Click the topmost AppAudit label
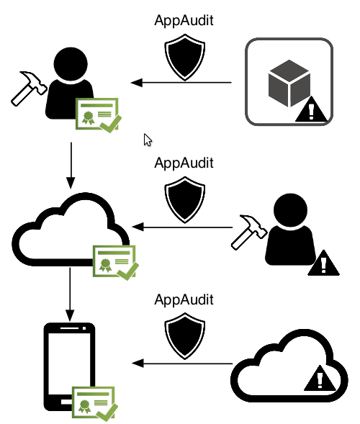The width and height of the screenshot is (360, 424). coord(184,21)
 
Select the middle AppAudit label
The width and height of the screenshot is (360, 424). coord(184,163)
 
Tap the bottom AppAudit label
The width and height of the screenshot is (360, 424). coord(184,299)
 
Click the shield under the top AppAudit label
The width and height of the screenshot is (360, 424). coord(185,58)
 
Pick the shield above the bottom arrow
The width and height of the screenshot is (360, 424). coord(185,336)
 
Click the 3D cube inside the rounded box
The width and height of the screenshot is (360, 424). coord(289,84)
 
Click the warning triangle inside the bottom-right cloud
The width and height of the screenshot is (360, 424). coord(320,379)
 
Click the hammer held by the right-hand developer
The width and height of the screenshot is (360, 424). coord(249,233)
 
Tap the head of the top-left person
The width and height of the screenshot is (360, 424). coord(71,64)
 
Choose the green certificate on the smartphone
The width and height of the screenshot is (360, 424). coord(94,404)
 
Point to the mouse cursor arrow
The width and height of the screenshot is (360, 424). coord(148,140)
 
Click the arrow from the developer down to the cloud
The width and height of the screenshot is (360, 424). coord(71,166)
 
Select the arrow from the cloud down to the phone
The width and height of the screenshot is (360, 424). coord(70,294)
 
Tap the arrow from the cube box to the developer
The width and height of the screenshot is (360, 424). coord(181,82)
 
